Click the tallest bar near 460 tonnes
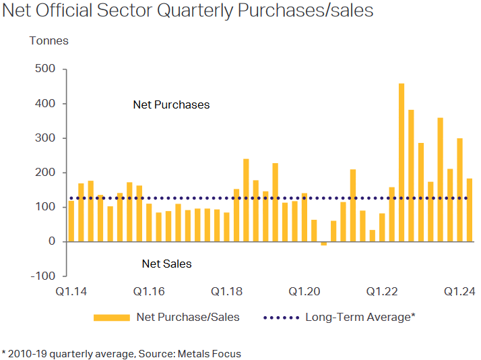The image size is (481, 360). pos(402,162)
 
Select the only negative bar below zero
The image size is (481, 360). pos(323,243)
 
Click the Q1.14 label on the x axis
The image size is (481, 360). pos(70,291)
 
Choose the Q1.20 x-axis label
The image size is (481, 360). pos(304,291)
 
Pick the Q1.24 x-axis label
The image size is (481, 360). pos(459,291)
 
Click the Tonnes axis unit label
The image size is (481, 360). pos(49,41)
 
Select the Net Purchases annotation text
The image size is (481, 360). pos(171,104)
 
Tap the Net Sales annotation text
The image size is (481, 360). pos(166,264)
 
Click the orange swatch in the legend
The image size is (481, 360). pos(111,317)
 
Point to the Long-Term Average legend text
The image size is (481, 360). pos(360,317)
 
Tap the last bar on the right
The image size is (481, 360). pos(470,210)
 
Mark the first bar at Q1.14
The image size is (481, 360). pos(71,221)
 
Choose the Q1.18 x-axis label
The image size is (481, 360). pos(226,291)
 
